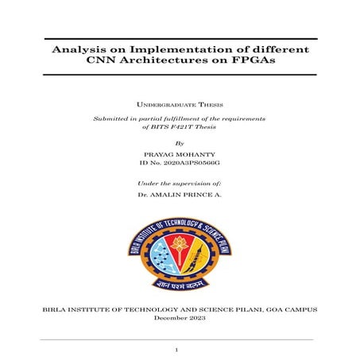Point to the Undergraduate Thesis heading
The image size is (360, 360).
pyautogui.click(x=179, y=104)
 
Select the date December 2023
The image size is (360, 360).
pyautogui.click(x=179, y=317)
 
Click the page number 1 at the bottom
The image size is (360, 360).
pyautogui.click(x=179, y=349)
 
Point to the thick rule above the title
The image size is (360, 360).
pyautogui.click(x=179, y=38)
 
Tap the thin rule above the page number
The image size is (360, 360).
pyautogui.click(x=179, y=339)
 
